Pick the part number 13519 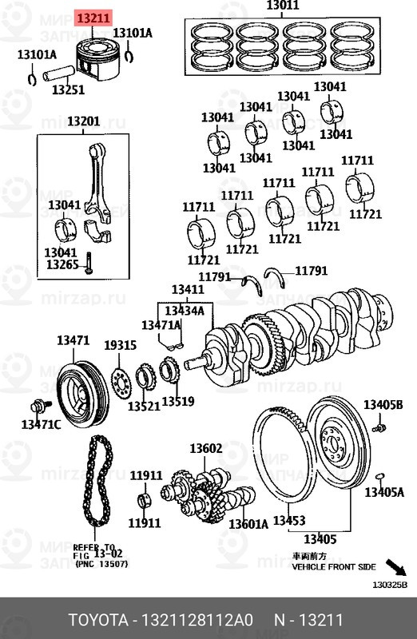177,400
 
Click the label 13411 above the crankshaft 188,289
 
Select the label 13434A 185,310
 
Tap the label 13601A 248,524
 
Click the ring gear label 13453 288,521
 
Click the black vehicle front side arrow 395,568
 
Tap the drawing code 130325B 390,585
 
